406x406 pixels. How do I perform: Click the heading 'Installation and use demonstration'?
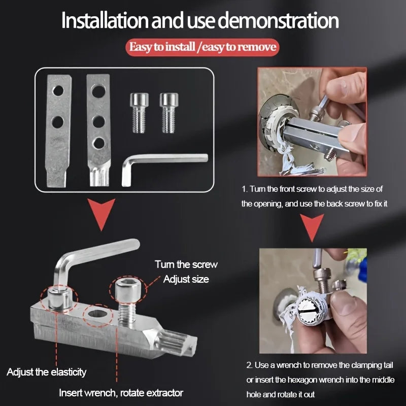pyautogui.click(x=200, y=21)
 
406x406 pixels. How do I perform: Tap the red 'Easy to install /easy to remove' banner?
pyautogui.click(x=202, y=48)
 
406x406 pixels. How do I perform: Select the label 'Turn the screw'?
pyautogui.click(x=186, y=264)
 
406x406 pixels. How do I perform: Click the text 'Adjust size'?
pyautogui.click(x=186, y=279)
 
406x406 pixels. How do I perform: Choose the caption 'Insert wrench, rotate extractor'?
pyautogui.click(x=121, y=393)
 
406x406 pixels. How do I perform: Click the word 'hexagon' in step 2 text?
pyautogui.click(x=304, y=379)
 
